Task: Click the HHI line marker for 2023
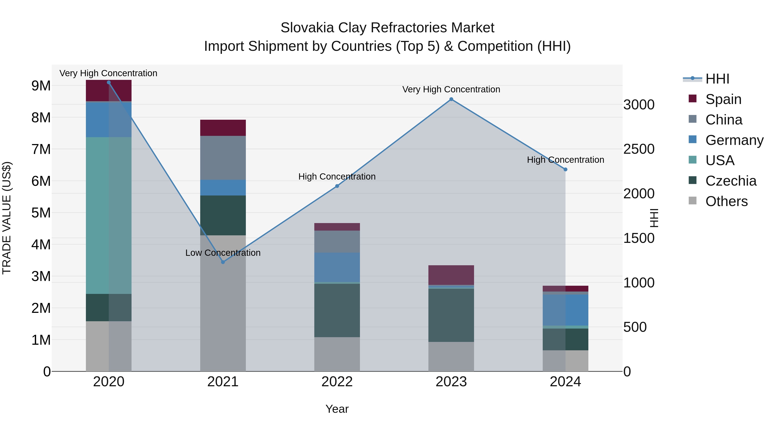[451, 99]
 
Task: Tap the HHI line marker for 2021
[223, 262]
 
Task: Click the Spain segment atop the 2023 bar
[451, 275]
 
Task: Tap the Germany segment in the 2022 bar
[337, 267]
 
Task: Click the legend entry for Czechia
[730, 181]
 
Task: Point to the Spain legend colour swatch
[692, 99]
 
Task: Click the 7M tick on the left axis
[41, 149]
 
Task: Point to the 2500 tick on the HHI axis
[639, 149]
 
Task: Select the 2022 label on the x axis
[337, 382]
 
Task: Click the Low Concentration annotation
[223, 253]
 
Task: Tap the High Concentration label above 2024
[565, 160]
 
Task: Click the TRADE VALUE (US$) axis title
[7, 218]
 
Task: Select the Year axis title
[337, 409]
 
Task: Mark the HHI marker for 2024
[565, 169]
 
